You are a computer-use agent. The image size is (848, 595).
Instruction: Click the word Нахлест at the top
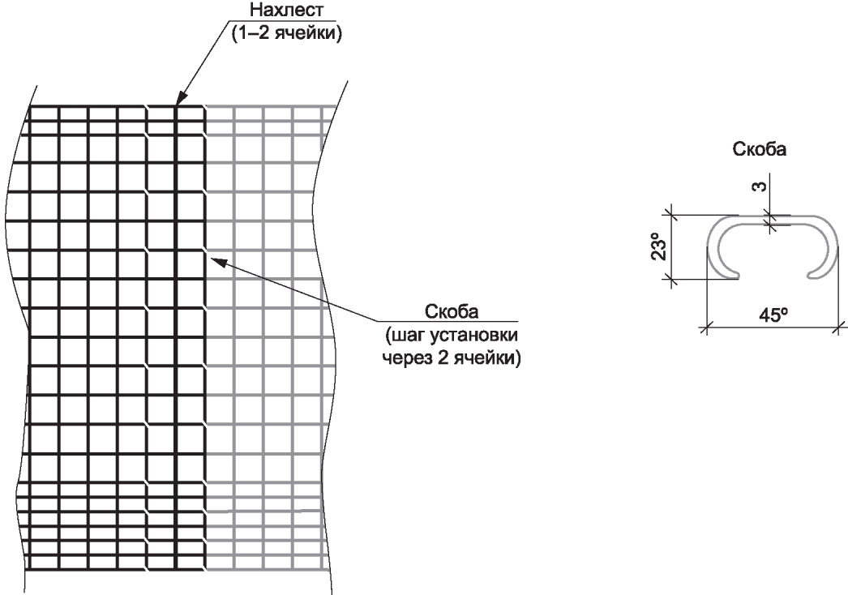click(287, 10)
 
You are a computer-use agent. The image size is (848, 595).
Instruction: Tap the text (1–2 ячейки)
click(287, 33)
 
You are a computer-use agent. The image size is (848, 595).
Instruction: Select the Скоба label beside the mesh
click(452, 311)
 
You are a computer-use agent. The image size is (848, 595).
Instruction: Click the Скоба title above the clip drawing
click(760, 149)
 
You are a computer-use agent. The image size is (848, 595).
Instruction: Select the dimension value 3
click(760, 186)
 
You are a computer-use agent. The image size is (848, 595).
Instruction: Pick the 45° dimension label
click(773, 315)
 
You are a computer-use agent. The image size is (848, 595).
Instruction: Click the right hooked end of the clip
click(816, 274)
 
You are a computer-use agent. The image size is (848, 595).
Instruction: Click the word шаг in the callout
click(400, 336)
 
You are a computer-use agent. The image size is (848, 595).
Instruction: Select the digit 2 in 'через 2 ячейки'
click(443, 358)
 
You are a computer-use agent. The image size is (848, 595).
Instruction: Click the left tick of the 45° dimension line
click(705, 327)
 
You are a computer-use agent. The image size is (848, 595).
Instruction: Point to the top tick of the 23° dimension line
click(670, 215)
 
